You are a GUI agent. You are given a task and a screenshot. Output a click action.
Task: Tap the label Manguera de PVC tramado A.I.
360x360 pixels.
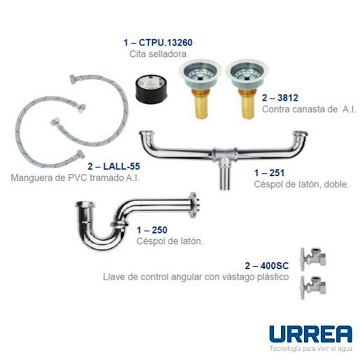tap(75, 177)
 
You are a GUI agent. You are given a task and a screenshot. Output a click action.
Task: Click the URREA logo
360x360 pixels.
tap(310, 333)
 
